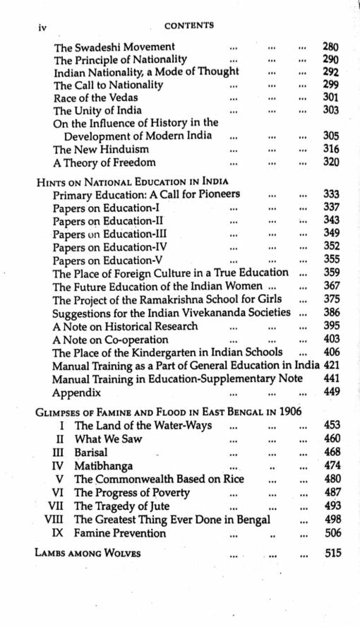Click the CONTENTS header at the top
(x=188, y=26)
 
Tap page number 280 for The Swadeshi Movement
(x=330, y=47)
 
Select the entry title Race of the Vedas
(x=95, y=97)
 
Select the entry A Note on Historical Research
(x=125, y=326)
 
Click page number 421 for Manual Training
(x=332, y=365)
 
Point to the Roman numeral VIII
(x=58, y=520)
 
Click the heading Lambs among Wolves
(x=88, y=554)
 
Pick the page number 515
(x=332, y=554)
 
